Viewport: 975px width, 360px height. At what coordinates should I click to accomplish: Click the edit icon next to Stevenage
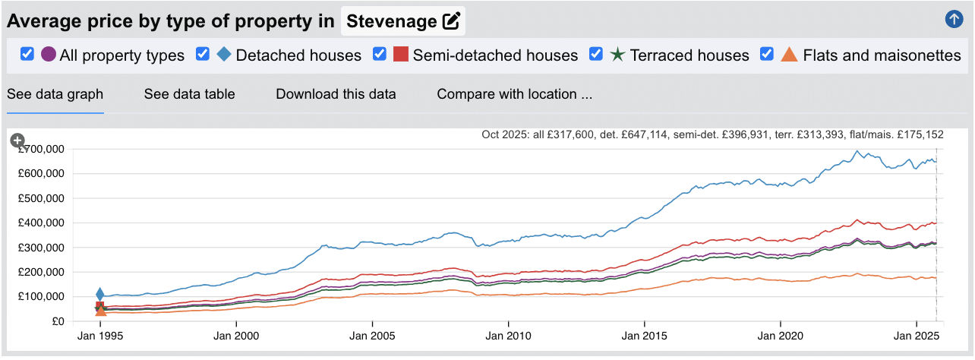[x=451, y=21]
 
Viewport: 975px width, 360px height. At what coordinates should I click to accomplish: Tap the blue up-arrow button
[x=954, y=20]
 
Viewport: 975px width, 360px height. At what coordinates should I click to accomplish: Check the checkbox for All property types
[x=27, y=54]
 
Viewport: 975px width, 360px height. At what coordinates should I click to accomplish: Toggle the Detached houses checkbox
[x=203, y=54]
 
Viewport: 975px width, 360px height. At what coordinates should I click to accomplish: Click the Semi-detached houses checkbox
[x=380, y=54]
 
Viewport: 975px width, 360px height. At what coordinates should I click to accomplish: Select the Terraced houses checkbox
[x=596, y=54]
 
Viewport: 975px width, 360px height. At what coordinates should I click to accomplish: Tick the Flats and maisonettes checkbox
[x=767, y=54]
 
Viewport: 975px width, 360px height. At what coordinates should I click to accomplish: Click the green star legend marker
[x=617, y=55]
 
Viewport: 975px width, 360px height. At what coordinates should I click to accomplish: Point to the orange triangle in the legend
[x=789, y=55]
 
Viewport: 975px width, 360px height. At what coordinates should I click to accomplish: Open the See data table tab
[x=189, y=94]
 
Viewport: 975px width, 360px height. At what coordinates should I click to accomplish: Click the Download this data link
[x=336, y=94]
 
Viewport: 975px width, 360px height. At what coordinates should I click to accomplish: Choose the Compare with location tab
[x=514, y=94]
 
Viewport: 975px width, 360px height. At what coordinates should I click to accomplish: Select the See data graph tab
[x=55, y=94]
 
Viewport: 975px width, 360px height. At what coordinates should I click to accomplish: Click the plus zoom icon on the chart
[x=17, y=141]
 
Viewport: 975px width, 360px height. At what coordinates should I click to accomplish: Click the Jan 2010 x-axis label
[x=508, y=334]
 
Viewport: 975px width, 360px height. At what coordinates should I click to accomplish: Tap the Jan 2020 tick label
[x=780, y=334]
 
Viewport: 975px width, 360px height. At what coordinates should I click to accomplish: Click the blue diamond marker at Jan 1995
[x=99, y=295]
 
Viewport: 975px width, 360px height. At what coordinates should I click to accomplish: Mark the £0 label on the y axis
[x=59, y=321]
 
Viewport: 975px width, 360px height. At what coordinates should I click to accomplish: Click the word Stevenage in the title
[x=392, y=21]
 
